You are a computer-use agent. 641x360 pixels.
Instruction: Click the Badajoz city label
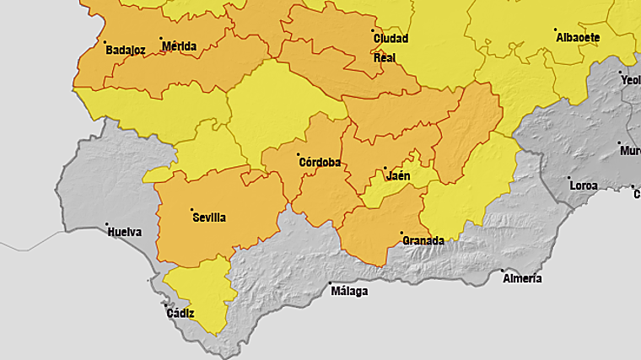point(126,51)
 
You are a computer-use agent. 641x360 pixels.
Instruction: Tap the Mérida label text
point(179,46)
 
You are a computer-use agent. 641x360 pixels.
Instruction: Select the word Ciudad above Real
point(391,39)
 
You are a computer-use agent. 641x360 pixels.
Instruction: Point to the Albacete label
point(578,38)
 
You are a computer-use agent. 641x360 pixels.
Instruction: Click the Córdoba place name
point(320,163)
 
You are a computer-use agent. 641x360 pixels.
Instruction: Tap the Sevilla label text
point(209,218)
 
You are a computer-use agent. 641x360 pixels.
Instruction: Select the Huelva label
point(124,233)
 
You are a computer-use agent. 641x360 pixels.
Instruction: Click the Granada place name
point(423,241)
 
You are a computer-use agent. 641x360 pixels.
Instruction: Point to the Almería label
point(522,279)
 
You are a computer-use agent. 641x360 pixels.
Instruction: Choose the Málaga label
point(349,292)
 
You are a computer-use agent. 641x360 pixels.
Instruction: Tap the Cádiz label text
point(180,314)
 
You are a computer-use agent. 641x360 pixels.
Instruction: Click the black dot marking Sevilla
point(191,209)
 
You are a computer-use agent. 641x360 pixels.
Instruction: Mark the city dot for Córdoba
point(298,154)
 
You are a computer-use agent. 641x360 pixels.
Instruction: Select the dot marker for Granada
point(401,233)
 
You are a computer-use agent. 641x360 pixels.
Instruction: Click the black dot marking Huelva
point(106,224)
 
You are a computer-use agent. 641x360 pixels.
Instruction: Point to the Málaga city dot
point(331,283)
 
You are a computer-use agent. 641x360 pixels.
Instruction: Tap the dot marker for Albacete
point(556,30)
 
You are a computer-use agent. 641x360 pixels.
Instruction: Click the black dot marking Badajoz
point(105,42)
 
